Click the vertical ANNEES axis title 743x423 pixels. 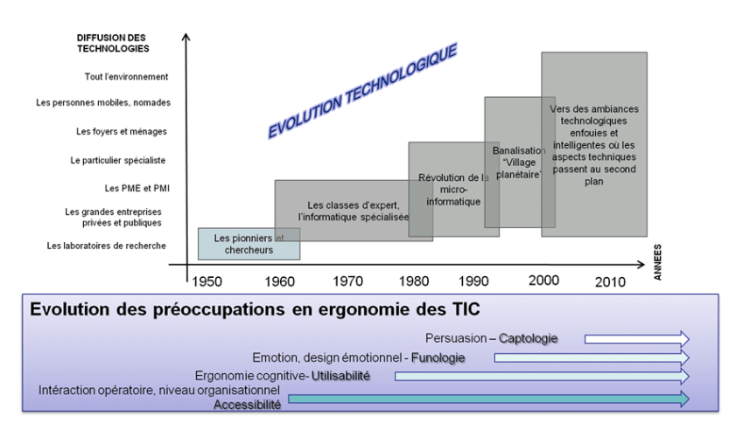tap(657, 261)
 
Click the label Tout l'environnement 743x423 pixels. tap(126, 77)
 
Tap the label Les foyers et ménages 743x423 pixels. tap(122, 132)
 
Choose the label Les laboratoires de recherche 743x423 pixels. tap(106, 246)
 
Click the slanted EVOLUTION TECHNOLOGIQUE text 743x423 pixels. tap(361, 91)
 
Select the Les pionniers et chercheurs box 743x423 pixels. tap(249, 244)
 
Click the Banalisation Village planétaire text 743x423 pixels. tap(517, 163)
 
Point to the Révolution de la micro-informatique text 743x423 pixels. tap(453, 190)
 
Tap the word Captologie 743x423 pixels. tap(529, 338)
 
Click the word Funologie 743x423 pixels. tap(438, 357)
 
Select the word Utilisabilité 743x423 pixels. tap(341, 376)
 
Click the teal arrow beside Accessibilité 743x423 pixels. tap(487, 399)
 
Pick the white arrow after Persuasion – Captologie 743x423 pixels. tap(636, 338)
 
